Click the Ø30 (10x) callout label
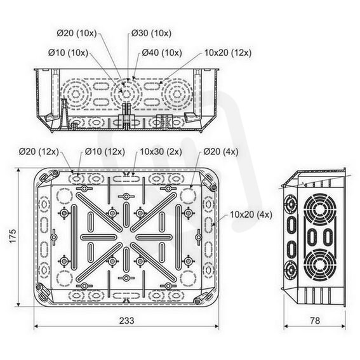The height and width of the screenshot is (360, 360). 151,33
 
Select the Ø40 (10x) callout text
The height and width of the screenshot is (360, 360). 162,53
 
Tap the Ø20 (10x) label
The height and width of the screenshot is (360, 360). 77,33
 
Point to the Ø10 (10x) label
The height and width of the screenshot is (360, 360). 68,53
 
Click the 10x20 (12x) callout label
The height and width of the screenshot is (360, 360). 228,53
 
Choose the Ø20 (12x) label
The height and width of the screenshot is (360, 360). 39,152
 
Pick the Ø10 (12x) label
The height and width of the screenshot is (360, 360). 105,152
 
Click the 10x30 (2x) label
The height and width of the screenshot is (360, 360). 161,152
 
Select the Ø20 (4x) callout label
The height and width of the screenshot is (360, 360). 221,152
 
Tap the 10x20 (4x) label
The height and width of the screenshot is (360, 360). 251,215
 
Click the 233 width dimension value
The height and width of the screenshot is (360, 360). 127,321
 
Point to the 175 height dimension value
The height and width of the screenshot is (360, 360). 13,236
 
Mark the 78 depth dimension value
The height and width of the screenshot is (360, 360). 315,321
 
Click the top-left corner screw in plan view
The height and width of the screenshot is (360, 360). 55,173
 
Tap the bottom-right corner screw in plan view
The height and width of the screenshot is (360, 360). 197,302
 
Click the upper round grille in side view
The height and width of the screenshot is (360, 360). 319,210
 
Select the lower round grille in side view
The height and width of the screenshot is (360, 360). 319,265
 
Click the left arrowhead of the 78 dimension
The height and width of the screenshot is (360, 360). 286,326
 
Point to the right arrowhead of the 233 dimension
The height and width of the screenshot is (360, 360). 217,326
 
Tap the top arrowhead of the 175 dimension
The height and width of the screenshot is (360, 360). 18,170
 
